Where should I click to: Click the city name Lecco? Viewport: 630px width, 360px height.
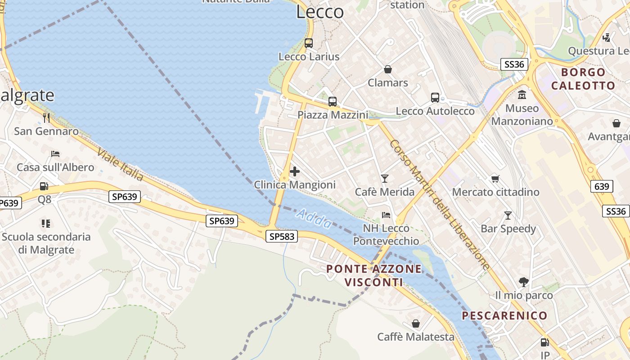(x=320, y=12)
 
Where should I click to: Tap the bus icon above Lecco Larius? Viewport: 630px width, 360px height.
(x=308, y=43)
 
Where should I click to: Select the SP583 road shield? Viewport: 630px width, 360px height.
(x=283, y=236)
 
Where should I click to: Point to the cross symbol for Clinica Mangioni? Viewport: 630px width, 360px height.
(x=295, y=171)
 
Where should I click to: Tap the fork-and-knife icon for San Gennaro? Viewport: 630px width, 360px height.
(x=46, y=118)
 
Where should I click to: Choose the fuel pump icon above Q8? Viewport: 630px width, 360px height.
(x=44, y=186)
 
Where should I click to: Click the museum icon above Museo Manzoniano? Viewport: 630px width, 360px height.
(x=522, y=95)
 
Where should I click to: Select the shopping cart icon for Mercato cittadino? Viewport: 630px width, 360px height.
(x=495, y=179)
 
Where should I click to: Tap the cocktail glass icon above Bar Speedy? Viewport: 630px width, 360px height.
(x=508, y=216)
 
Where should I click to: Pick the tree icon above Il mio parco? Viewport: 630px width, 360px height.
(x=523, y=282)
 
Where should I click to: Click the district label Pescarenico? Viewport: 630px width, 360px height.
(x=504, y=315)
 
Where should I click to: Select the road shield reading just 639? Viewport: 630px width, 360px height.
(x=602, y=186)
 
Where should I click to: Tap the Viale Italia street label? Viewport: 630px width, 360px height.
(x=120, y=165)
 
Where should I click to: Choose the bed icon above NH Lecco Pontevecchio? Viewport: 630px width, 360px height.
(x=386, y=215)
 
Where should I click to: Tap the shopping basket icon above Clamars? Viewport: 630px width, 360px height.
(x=387, y=69)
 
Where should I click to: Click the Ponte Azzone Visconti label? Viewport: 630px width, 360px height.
(x=374, y=275)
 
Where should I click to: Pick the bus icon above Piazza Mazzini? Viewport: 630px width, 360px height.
(x=333, y=102)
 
